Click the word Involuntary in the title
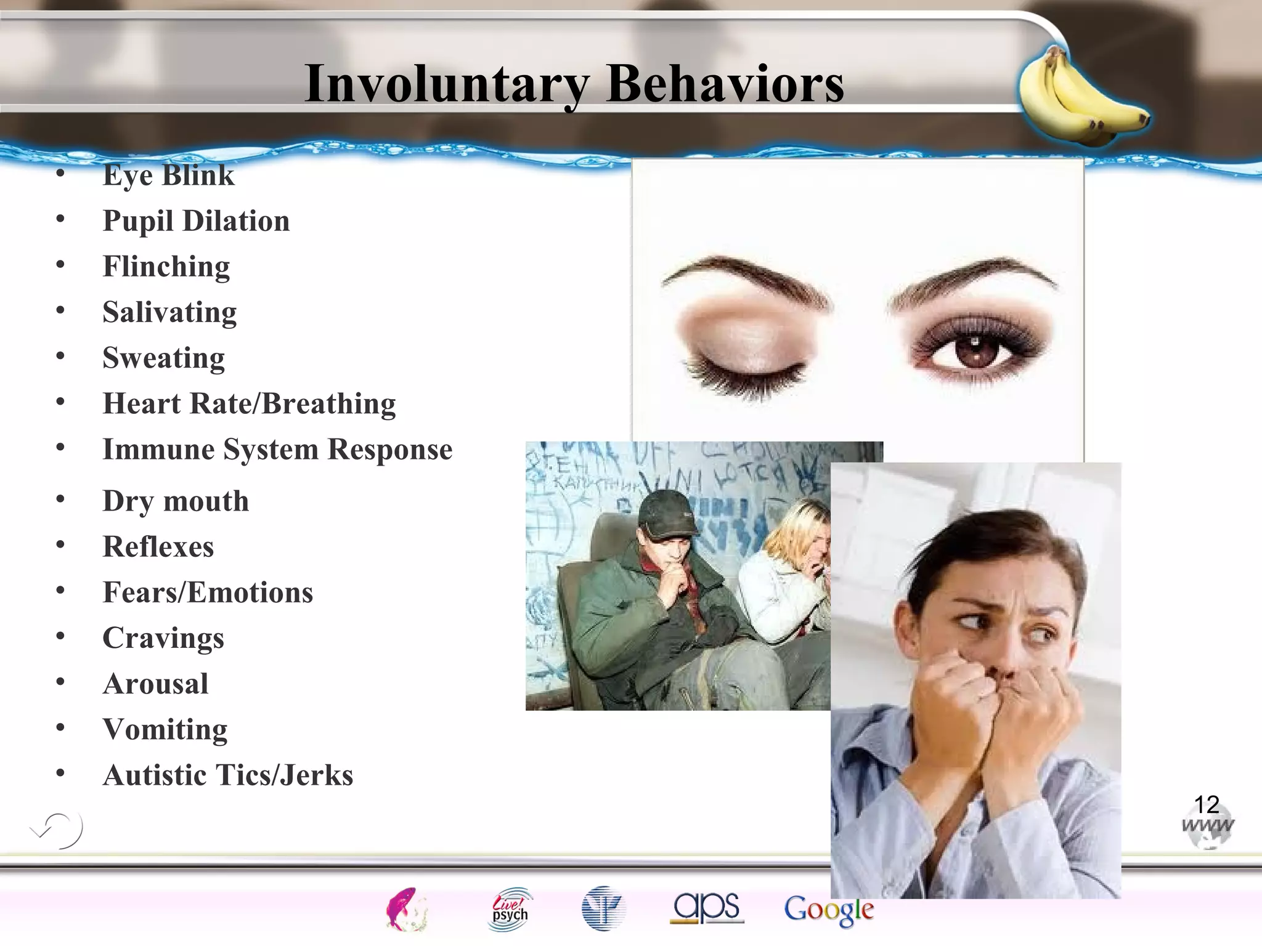pyautogui.click(x=447, y=84)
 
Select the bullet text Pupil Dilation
pyautogui.click(x=196, y=221)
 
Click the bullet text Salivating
pyautogui.click(x=169, y=312)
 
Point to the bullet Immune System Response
pyautogui.click(x=277, y=450)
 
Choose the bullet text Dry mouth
pyautogui.click(x=176, y=501)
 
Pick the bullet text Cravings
pyautogui.click(x=163, y=638)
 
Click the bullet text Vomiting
pyautogui.click(x=165, y=730)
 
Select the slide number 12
pyautogui.click(x=1207, y=804)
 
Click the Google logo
pyautogui.click(x=829, y=910)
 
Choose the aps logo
pyautogui.click(x=707, y=908)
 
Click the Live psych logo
pyautogui.click(x=510, y=908)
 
